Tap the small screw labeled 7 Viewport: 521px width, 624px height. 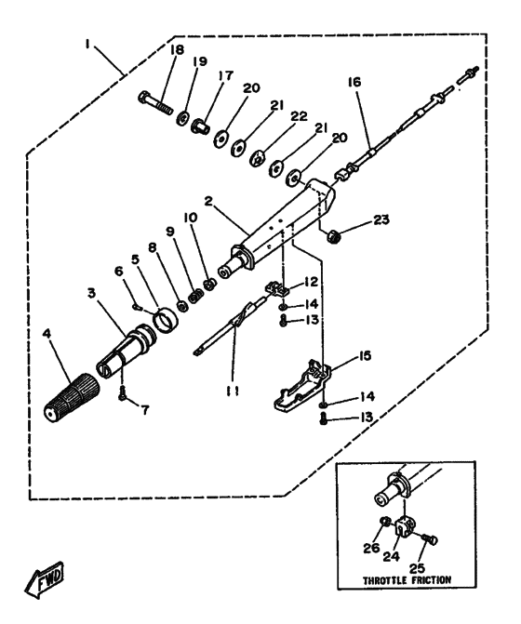click(x=122, y=394)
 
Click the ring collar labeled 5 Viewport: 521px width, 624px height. click(x=166, y=321)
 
